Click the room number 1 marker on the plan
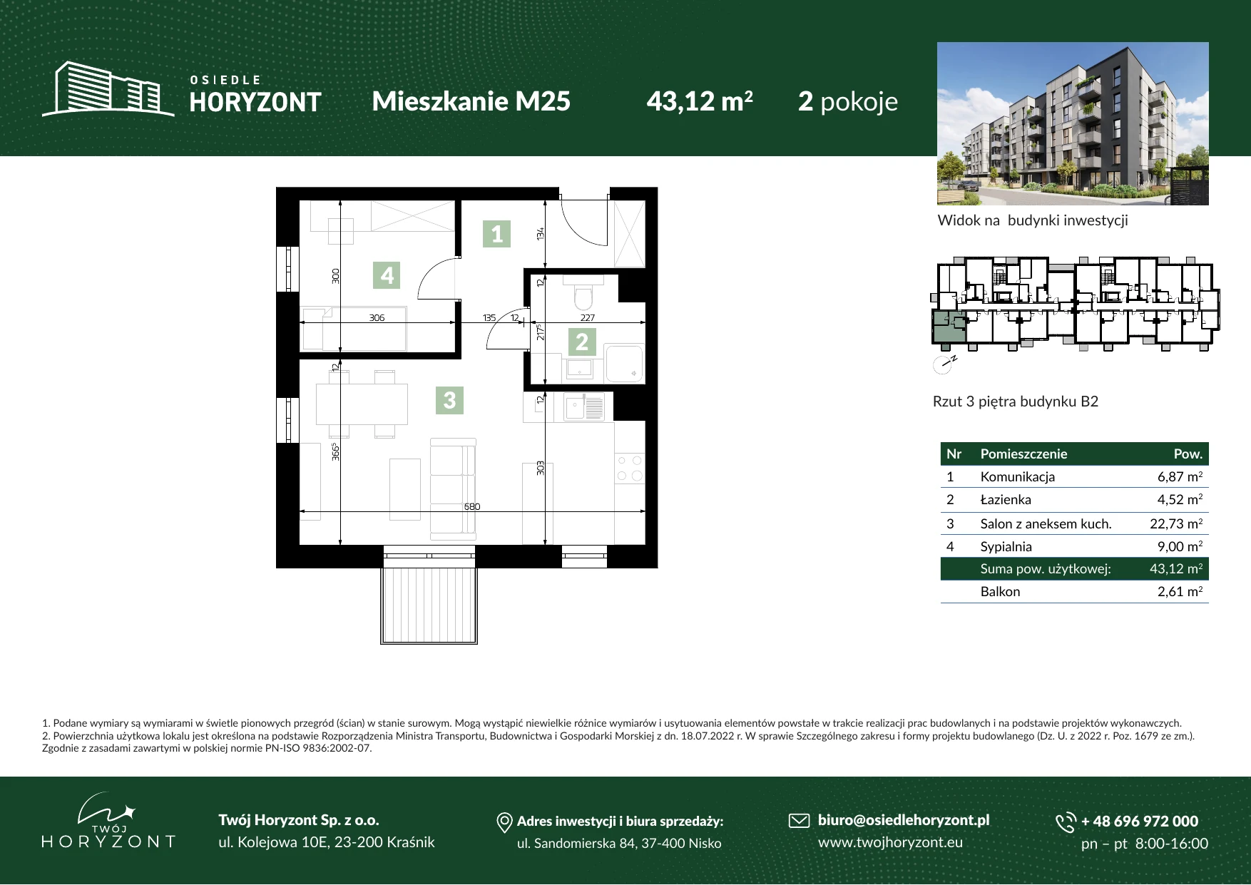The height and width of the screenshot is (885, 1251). (x=497, y=233)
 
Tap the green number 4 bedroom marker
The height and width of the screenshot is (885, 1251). (x=387, y=275)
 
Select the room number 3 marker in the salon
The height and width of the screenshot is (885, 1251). (x=449, y=399)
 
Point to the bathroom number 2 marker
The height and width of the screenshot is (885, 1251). (x=582, y=342)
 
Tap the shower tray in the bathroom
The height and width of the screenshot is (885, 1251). (x=624, y=363)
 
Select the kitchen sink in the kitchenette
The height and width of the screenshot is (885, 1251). (x=584, y=407)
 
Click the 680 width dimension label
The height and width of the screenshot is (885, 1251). (x=472, y=506)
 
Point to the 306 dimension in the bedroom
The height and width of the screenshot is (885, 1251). (x=377, y=318)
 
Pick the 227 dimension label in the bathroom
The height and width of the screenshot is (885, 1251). (x=587, y=318)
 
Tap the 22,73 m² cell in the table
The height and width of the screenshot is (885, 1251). (x=1176, y=523)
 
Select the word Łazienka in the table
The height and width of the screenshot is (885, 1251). (x=1006, y=499)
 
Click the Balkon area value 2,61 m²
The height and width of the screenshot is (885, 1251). (x=1180, y=591)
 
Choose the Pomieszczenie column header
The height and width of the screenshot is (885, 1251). (x=1023, y=454)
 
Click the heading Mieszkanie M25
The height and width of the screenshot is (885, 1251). (x=471, y=101)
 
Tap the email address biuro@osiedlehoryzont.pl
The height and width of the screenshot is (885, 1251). (x=904, y=820)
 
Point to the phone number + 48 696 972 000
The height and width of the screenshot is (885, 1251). (x=1140, y=821)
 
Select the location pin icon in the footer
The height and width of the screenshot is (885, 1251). (x=504, y=822)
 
